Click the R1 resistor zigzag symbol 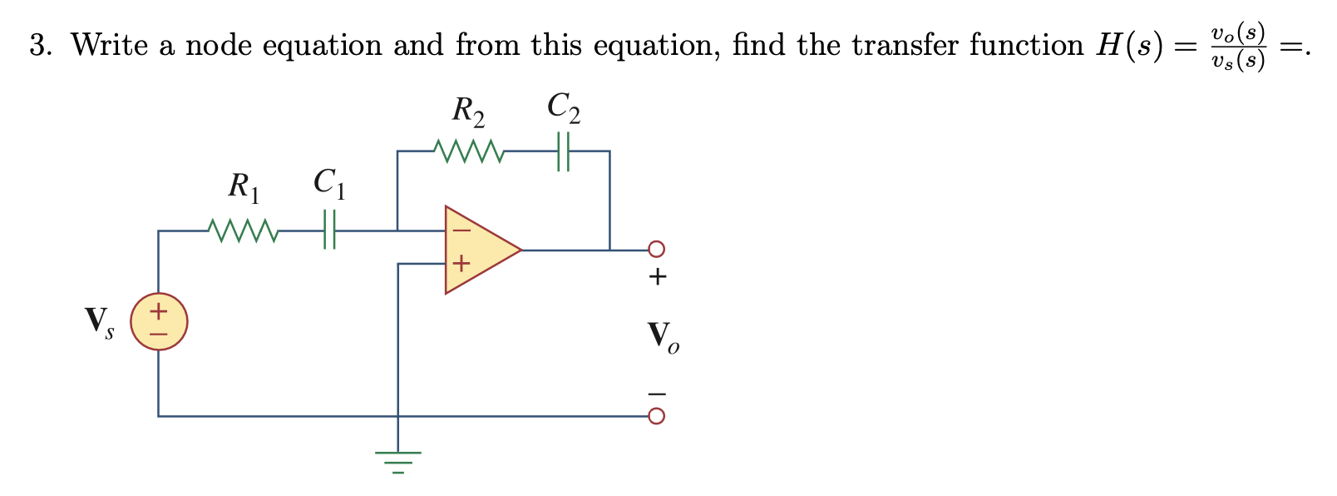242,231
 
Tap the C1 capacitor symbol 329,231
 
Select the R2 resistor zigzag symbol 468,151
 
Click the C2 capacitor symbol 563,151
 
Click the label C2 564,108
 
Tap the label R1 244,187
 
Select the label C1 329,184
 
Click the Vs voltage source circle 158,321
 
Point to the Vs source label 99,321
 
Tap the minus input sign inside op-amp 461,229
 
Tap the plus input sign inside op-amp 461,265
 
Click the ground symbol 398,460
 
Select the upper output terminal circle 656,249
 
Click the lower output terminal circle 656,415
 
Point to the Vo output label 663,336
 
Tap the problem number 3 38,46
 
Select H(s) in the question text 1127,46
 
